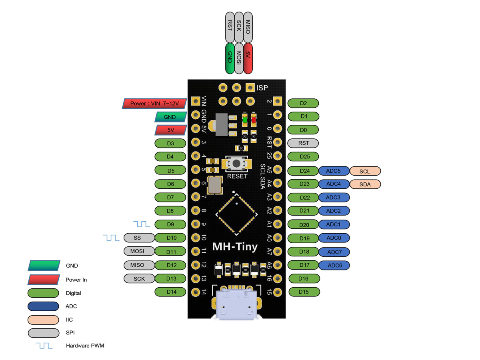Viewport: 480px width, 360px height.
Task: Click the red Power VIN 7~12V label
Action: pos(154,104)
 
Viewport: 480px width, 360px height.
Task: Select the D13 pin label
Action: pos(170,278)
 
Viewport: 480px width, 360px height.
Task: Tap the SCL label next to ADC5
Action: pos(365,171)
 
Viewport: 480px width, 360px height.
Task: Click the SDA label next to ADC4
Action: pos(365,184)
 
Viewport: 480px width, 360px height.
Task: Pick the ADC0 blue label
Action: pos(334,238)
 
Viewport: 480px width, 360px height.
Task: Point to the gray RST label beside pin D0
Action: pos(303,143)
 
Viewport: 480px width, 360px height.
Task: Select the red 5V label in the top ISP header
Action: pos(248,58)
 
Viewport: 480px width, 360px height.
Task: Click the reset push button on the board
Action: pos(236,163)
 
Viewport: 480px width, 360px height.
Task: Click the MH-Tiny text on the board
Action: pos(235,246)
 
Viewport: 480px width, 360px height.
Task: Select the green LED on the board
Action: pos(245,119)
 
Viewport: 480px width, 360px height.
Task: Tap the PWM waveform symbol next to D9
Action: pos(142,224)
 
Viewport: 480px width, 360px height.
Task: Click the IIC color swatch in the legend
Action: pos(44,320)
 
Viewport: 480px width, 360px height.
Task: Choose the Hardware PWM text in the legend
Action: pos(85,345)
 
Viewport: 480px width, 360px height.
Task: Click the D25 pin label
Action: pos(303,156)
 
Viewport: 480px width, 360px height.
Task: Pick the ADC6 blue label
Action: pos(334,265)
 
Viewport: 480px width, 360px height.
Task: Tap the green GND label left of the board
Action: pos(170,117)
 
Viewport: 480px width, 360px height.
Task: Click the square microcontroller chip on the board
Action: pos(236,214)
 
